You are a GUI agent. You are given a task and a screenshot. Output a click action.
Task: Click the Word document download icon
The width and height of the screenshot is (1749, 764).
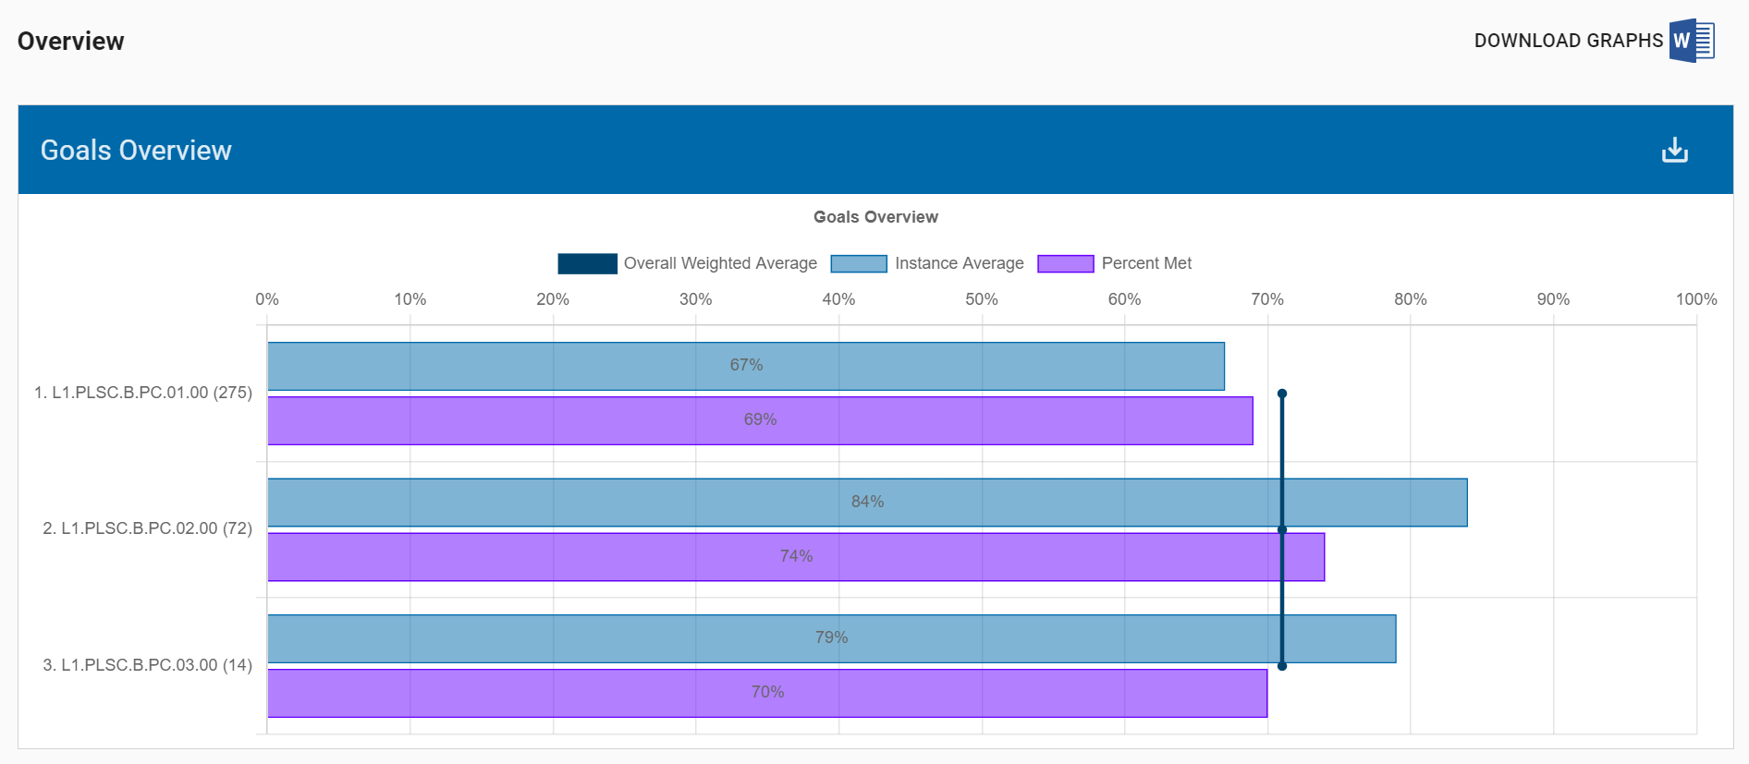point(1691,41)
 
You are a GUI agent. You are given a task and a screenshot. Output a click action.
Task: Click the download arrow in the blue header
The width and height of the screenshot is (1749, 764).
point(1674,150)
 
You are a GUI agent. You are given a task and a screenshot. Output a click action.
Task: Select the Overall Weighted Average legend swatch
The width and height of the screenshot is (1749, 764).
point(587,263)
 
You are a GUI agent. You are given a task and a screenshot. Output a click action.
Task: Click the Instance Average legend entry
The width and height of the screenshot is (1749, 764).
point(927,263)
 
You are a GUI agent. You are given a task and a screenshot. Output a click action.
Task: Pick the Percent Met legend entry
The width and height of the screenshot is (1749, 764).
point(1115,263)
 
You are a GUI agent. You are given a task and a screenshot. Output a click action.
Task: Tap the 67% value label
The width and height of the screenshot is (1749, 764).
point(746,365)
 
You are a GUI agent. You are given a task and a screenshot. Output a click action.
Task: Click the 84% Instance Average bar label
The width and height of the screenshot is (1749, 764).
point(867,502)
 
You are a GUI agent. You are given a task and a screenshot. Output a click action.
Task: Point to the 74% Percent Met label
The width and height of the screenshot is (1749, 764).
point(796,556)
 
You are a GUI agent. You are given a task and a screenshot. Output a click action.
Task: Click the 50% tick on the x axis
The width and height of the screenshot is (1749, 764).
point(981,299)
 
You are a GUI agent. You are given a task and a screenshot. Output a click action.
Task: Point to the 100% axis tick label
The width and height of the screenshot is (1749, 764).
point(1695,299)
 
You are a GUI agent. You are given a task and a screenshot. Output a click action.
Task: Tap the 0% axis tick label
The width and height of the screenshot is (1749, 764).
point(267,299)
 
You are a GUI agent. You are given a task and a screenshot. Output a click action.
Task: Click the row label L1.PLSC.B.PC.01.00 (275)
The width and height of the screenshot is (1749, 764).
point(143,393)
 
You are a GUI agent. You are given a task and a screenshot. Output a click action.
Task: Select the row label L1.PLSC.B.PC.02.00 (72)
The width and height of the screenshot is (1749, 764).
point(148,528)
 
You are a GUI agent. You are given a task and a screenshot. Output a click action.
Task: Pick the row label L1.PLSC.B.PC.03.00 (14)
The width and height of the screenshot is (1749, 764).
point(148,665)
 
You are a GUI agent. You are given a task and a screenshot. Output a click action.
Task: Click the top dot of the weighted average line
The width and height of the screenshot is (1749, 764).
point(1282,394)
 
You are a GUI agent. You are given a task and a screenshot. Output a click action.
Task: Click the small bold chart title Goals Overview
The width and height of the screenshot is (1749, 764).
point(875,217)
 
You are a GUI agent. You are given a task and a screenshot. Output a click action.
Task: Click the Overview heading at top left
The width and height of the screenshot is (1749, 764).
point(71,42)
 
